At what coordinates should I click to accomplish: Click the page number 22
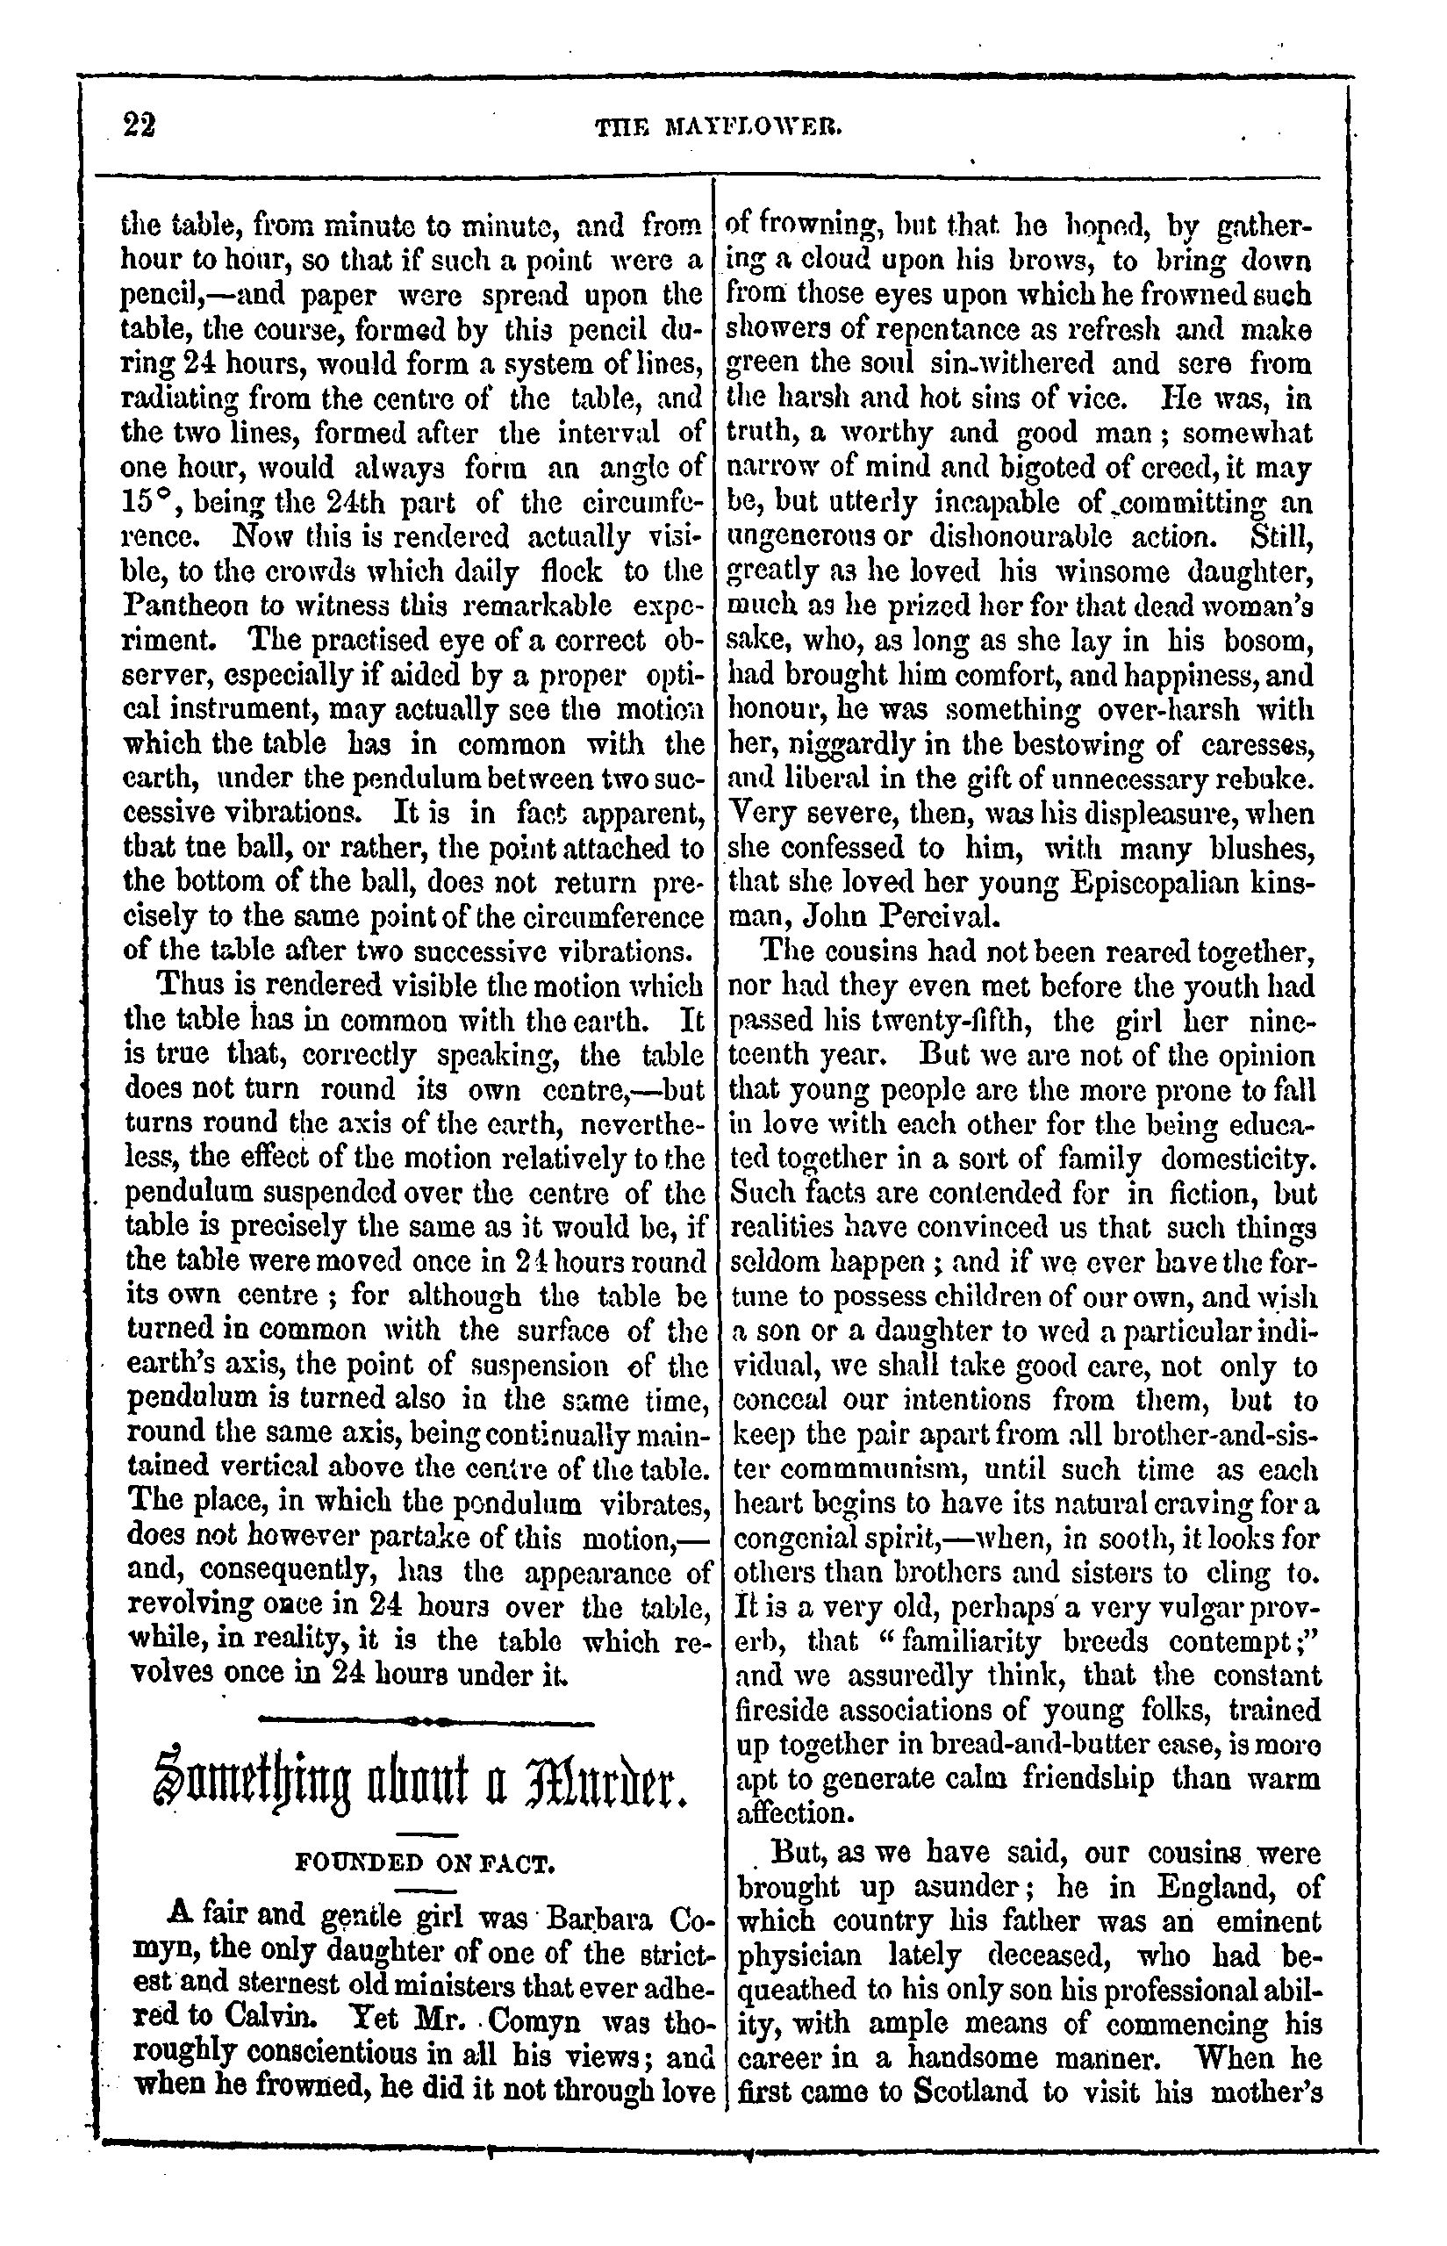139,125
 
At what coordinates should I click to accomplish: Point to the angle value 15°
144,502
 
